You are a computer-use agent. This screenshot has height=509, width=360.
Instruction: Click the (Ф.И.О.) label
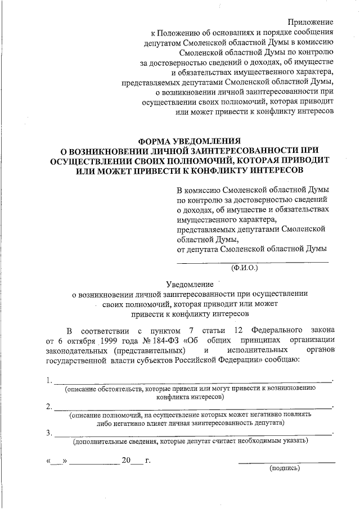tap(244, 268)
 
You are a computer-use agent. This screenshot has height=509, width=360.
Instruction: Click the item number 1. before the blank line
tap(49, 380)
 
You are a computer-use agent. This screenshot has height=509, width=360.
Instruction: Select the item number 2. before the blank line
tap(49, 406)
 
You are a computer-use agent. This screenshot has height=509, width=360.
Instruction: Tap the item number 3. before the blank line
tap(49, 432)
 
